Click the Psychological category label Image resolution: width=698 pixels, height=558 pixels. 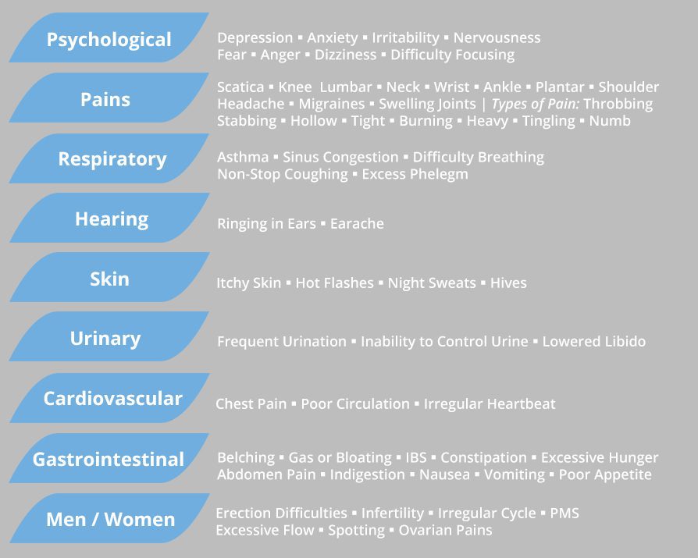pos(109,40)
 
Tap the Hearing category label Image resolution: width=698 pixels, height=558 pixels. pos(112,219)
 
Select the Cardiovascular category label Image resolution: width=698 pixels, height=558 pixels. pos(113,399)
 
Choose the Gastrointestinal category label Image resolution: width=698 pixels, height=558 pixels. pos(109,459)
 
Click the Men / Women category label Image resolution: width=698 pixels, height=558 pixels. pos(111,519)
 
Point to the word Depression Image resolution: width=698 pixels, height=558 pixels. pos(255,38)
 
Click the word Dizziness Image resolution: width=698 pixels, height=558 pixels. pos(345,55)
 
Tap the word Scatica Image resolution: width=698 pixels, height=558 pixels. pos(240,87)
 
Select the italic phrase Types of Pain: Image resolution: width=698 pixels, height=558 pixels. pos(536,104)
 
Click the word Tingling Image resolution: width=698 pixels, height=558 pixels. pos(548,121)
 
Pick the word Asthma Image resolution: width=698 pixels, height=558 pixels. pos(243,157)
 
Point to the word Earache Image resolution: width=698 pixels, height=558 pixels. pos(357,223)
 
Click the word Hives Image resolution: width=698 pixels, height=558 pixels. pos(508,283)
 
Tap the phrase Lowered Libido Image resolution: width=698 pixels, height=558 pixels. pos(594,341)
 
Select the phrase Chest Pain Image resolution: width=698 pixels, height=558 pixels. pos(251,403)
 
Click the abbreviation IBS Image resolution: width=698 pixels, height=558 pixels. pos(416,457)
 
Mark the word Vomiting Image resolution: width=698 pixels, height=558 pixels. pos(515,474)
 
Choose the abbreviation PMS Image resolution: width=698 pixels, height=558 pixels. pos(564,513)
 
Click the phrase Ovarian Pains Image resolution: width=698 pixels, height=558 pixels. pos(445,530)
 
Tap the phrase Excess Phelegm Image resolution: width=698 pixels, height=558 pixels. pos(415,175)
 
